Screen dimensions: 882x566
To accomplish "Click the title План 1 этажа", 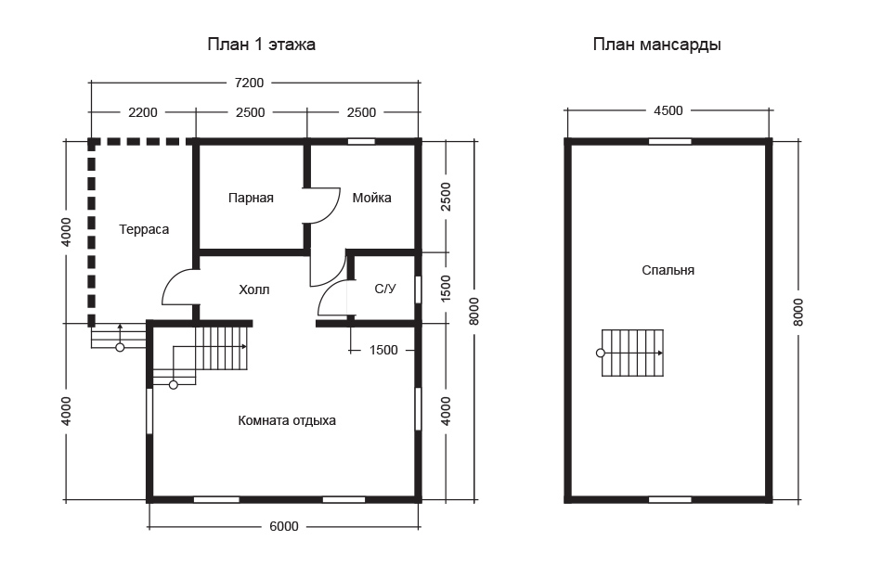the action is tap(261, 45).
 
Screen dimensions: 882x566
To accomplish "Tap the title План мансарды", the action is tap(656, 45).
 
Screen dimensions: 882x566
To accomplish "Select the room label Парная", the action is tap(251, 198).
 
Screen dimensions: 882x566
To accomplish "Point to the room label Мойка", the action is tap(371, 198).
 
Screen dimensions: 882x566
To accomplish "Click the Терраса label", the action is tap(144, 229).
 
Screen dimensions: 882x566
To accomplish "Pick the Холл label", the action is tap(254, 290).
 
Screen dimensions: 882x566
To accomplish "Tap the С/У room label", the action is tap(385, 289).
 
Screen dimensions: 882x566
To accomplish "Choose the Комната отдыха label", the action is tap(287, 420).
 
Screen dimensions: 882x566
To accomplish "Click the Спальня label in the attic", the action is tap(668, 270).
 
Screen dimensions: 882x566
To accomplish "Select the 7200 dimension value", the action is tap(249, 84).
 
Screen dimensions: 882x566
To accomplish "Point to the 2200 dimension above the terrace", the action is tap(143, 112).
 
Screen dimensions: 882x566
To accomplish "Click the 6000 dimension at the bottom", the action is tap(284, 527).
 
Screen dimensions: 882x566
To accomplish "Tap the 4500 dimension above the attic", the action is tap(668, 110).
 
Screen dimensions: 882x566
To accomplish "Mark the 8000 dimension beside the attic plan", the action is tap(798, 312).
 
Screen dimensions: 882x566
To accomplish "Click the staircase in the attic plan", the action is tap(632, 353).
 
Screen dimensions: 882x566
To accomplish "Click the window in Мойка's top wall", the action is tap(361, 142).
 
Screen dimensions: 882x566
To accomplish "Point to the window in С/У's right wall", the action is tap(418, 289).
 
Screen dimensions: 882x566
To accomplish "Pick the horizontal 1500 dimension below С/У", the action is tap(383, 350).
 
